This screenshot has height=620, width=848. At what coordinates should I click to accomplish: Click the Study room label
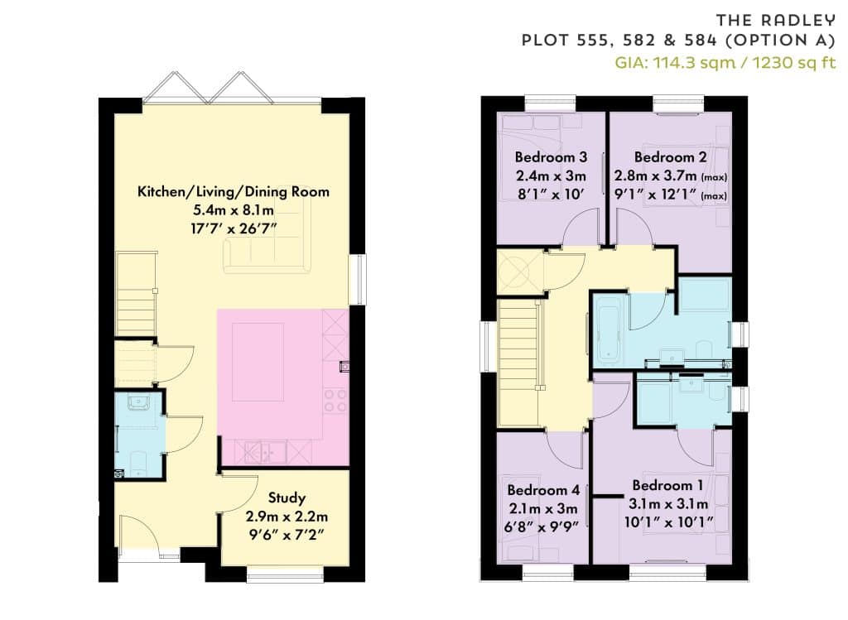[x=287, y=497]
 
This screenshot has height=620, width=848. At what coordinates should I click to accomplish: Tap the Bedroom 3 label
[x=551, y=157]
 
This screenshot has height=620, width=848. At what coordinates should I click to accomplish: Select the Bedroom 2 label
[x=670, y=157]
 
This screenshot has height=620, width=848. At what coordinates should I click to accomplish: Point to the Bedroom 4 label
[x=543, y=490]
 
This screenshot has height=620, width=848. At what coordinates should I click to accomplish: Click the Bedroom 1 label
[x=668, y=485]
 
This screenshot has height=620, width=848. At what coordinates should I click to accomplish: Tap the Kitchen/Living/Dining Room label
[x=233, y=192]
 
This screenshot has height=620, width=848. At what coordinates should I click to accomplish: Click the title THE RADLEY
[x=775, y=21]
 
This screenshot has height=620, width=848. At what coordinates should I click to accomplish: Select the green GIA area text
[x=725, y=63]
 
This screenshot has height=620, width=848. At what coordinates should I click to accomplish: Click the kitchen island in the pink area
[x=258, y=363]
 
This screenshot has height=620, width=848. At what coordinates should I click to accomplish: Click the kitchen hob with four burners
[x=335, y=400]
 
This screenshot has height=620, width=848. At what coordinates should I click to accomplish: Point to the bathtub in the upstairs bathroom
[x=609, y=334]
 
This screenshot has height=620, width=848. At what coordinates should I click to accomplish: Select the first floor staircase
[x=520, y=363]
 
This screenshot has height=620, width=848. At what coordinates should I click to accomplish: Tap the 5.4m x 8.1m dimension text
[x=233, y=210]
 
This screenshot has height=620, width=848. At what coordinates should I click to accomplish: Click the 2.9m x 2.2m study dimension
[x=287, y=517]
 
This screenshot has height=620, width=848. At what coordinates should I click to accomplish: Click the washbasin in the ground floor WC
[x=138, y=402]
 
